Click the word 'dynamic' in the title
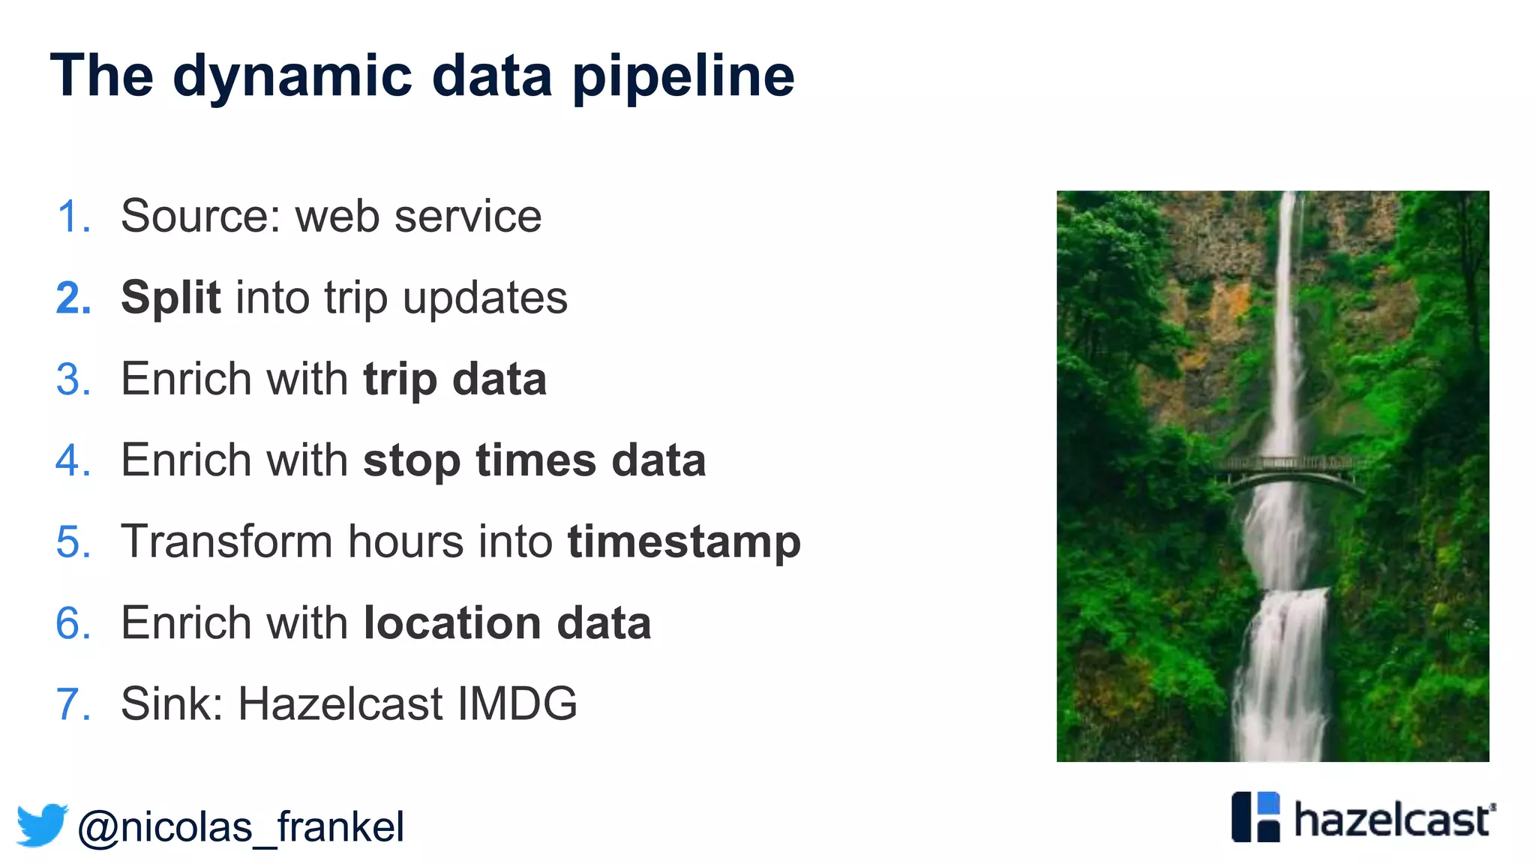pyautogui.click(x=292, y=76)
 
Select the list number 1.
pyautogui.click(x=73, y=217)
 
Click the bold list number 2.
pyautogui.click(x=73, y=298)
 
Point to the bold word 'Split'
pyautogui.click(x=170, y=298)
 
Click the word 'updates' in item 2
pyautogui.click(x=485, y=298)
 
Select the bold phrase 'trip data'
pyautogui.click(x=454, y=379)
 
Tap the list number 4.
pyautogui.click(x=73, y=460)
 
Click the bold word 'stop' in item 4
pyautogui.click(x=411, y=460)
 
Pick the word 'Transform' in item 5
pyautogui.click(x=226, y=541)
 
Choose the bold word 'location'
pyautogui.click(x=451, y=623)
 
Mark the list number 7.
pyautogui.click(x=73, y=704)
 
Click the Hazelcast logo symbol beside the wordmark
pyautogui.click(x=1255, y=817)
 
